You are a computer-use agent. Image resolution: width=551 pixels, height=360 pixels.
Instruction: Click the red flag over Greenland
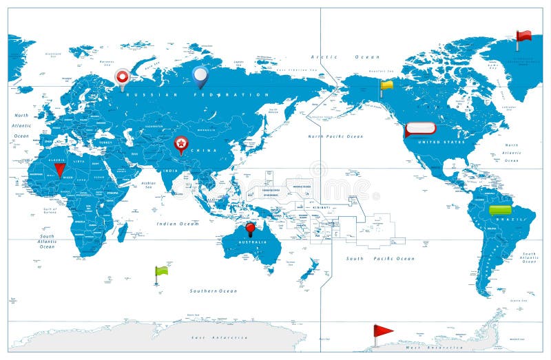point(524,36)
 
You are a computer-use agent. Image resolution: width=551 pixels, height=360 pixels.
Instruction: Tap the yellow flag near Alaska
point(386,86)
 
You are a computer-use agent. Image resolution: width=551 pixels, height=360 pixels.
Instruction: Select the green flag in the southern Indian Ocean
point(161,271)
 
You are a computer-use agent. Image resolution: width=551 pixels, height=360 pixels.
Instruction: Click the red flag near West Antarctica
point(382,331)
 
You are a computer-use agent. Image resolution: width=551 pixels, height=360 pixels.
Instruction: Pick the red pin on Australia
point(250,227)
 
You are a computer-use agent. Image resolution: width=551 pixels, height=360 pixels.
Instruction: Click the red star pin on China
point(180,143)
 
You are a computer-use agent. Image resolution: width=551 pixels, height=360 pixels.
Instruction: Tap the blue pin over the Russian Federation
point(200,75)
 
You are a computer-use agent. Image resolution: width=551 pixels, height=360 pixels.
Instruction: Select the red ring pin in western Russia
point(123,76)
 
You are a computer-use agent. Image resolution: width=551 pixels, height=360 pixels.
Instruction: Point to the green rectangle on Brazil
point(500,209)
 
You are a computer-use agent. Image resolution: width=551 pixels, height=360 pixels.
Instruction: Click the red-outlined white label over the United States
point(420,128)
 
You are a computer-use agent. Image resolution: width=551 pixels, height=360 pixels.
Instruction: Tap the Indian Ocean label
point(178,224)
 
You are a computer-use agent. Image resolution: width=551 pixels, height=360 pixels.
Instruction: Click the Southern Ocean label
point(214,291)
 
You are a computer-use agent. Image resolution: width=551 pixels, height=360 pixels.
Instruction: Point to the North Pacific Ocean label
point(335,136)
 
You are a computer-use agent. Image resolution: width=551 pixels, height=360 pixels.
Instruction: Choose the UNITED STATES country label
point(439,142)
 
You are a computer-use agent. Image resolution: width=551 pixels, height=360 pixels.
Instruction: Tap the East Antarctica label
point(220,338)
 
